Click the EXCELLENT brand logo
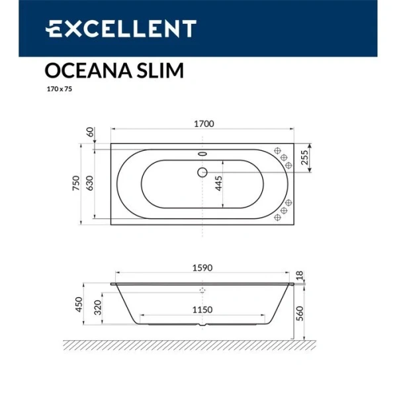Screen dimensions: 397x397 [x=120, y=28]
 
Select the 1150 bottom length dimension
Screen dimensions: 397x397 [x=202, y=309]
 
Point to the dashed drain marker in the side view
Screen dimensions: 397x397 [x=202, y=290]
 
